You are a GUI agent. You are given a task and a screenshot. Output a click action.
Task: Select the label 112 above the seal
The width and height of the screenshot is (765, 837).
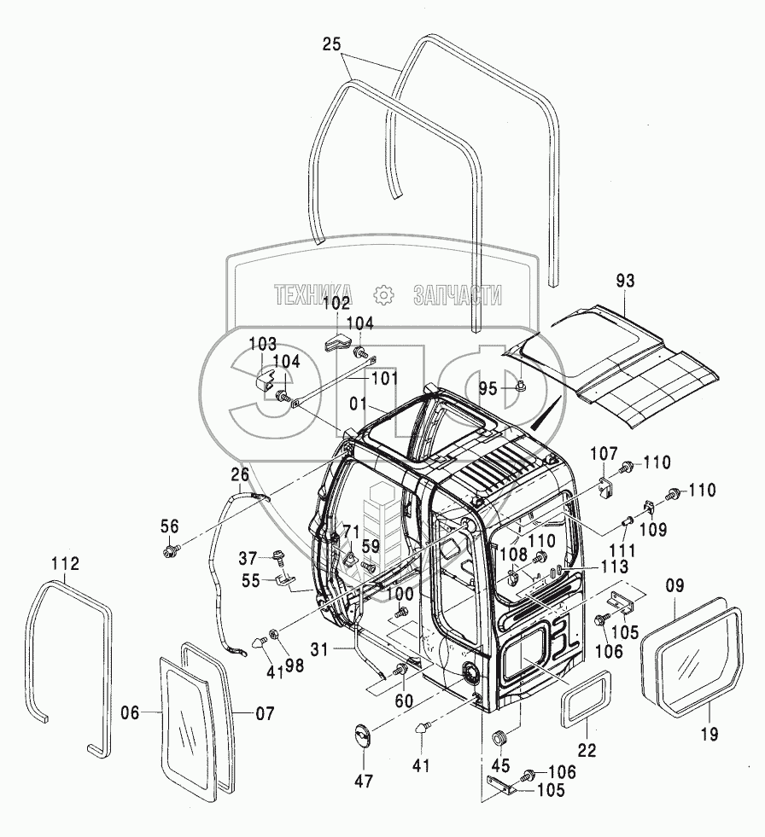click(x=64, y=564)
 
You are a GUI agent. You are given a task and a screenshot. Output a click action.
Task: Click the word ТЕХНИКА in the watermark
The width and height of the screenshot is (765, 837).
click(x=315, y=295)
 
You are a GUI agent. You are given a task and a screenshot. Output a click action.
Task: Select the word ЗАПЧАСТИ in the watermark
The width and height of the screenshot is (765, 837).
click(x=457, y=295)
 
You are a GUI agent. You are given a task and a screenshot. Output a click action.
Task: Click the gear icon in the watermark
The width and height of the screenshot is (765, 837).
click(x=382, y=295)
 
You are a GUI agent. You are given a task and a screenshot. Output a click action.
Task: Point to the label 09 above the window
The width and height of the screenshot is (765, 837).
click(x=674, y=587)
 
